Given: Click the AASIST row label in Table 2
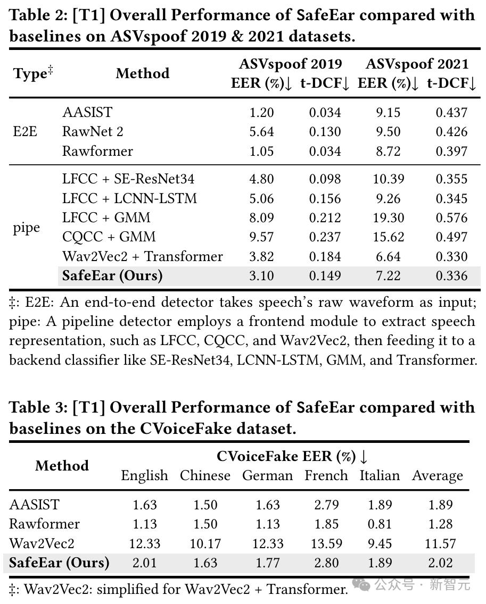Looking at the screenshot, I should (x=87, y=112).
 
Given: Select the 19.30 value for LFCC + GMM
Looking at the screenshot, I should (x=388, y=217).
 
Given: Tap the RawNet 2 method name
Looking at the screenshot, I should (x=93, y=131).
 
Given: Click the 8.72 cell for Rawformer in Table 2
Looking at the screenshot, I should (x=388, y=151).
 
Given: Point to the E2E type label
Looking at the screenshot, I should (x=25, y=131).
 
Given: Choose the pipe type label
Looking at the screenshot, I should (x=27, y=228).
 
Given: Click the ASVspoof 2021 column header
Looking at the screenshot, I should (x=417, y=64).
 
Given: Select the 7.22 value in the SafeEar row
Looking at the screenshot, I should (x=388, y=275).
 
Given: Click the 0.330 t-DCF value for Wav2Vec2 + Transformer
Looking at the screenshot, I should (x=451, y=256).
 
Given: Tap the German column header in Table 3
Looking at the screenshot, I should (x=267, y=475).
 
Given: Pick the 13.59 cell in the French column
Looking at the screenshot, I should (x=326, y=543).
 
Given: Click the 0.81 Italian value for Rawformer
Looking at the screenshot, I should (x=380, y=524).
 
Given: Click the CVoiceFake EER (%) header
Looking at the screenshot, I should (x=292, y=456).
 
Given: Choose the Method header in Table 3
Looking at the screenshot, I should (x=62, y=466).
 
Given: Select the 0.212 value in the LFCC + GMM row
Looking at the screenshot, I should (x=325, y=217).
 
